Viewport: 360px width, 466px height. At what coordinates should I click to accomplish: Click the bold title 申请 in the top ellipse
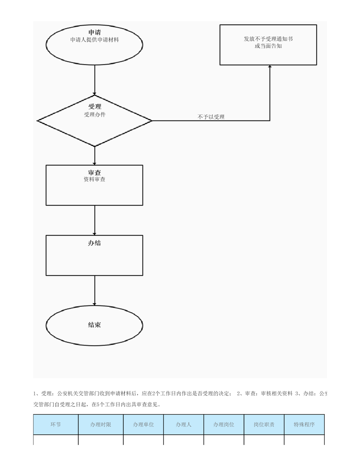coord(94,32)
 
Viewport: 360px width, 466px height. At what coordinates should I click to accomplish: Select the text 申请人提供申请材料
coord(94,40)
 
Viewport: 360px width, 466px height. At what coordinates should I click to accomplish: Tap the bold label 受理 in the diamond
coord(94,106)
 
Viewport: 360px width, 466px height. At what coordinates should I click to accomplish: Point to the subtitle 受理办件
coord(94,114)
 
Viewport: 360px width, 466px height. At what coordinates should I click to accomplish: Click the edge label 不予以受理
coord(211,117)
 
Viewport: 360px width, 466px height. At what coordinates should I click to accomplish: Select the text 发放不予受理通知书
coord(268,39)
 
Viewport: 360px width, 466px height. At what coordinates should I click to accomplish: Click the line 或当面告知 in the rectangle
coord(268,46)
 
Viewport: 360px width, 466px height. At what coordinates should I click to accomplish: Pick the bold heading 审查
coord(94,173)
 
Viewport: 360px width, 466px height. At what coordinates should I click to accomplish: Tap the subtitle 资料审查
coord(94,179)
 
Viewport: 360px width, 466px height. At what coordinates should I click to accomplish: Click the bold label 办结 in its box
coord(94,243)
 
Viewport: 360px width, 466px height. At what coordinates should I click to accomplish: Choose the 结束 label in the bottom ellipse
coord(94,325)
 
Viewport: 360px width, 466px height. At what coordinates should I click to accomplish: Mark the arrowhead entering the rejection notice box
coord(270,67)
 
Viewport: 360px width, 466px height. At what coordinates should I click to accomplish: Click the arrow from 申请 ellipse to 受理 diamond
coord(95,80)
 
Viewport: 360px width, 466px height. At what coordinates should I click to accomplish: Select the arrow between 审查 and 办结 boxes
coord(95,220)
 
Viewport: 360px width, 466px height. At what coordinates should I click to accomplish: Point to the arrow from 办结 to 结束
coord(95,291)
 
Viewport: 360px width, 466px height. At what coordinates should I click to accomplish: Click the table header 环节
coord(56,425)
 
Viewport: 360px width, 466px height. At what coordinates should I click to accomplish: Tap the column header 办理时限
coord(101,425)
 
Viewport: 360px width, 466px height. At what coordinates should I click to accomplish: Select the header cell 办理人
coord(184,425)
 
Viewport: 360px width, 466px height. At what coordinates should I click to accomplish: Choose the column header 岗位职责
coord(264,425)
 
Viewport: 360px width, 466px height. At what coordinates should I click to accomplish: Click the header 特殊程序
coord(304,425)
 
